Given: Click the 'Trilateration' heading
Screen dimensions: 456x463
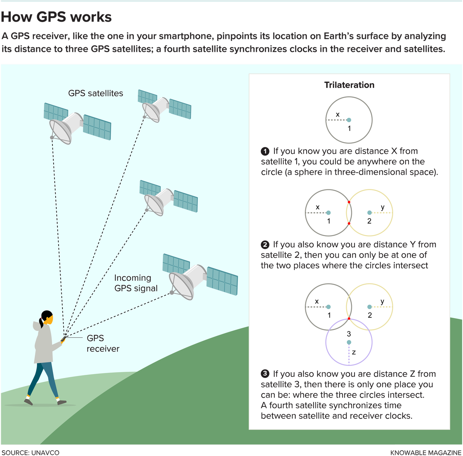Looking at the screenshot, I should point(349,85).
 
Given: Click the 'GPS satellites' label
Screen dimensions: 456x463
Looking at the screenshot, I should point(96,93).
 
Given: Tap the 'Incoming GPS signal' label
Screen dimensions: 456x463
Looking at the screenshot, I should point(136,283).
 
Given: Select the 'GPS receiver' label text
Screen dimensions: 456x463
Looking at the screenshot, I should point(103,343).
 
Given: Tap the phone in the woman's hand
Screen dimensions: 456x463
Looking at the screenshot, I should point(63,339).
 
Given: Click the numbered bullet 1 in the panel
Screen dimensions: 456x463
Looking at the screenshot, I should point(265,151).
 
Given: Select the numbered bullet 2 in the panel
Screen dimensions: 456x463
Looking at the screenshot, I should point(265,245).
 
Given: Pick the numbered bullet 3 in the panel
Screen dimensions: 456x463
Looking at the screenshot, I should point(265,374).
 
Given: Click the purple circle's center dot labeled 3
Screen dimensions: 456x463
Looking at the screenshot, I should point(349,342).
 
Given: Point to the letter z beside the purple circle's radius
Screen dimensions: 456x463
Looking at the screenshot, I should point(354,352).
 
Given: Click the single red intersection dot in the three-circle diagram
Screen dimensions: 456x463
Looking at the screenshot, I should point(349,319).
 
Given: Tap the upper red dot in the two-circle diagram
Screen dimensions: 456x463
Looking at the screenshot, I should point(349,202).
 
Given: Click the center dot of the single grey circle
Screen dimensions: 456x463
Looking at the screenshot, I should point(349,120).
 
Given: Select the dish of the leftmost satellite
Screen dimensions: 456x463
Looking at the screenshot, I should point(61,131).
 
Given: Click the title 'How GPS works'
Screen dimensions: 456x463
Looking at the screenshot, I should point(56,17).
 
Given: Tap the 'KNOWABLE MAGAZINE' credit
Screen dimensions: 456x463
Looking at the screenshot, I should point(426,452).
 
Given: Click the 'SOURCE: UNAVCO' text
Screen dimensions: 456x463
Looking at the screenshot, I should point(30,452).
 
